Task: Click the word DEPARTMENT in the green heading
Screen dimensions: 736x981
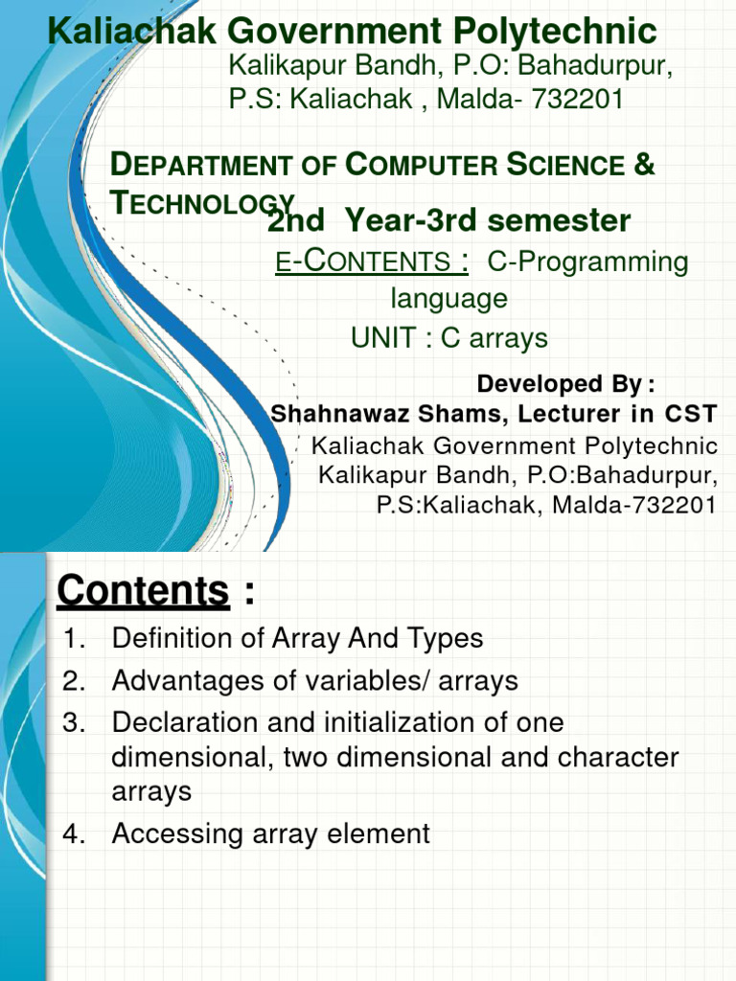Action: [200, 165]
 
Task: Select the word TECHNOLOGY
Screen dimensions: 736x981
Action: [202, 202]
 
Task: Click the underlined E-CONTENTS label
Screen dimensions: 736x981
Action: [372, 261]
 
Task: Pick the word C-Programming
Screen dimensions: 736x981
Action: [587, 262]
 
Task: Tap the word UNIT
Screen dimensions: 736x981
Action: [383, 338]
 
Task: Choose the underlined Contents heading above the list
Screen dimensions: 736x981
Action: [144, 590]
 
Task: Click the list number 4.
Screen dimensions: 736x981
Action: [74, 834]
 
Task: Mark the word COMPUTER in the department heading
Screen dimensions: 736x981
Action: [422, 165]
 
